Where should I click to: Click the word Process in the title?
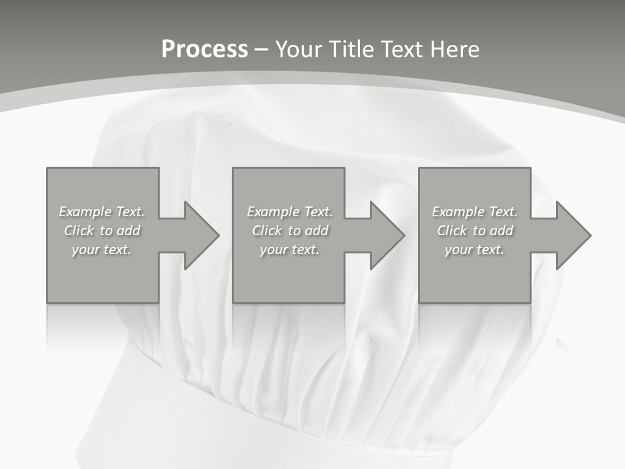204,50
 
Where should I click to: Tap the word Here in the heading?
455,50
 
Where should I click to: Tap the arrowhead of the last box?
572,235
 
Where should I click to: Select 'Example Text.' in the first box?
102,212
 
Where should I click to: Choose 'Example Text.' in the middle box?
290,212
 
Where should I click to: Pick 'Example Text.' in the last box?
475,212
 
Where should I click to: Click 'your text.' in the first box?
102,249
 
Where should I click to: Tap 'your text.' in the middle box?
290,249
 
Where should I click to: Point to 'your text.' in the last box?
475,249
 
